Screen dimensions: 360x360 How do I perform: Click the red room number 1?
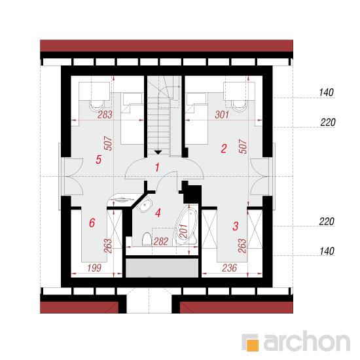tap(157, 168)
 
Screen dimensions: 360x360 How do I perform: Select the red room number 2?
tap(224, 149)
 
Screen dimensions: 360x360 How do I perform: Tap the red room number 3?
tap(236, 226)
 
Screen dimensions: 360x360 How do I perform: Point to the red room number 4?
tap(158, 213)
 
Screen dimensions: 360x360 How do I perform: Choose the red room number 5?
tap(98, 160)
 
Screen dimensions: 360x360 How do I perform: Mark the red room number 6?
tap(92, 223)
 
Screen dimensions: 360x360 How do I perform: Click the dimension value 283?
tap(105, 115)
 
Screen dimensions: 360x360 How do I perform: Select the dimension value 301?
tap(222, 115)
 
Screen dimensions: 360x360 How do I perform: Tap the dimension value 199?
tap(94, 268)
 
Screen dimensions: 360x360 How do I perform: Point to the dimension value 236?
tap(229, 268)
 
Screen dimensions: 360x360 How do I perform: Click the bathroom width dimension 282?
tap(161, 242)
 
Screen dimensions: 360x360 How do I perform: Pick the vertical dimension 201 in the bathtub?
tap(184, 231)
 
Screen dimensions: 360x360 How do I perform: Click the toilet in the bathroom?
tap(147, 240)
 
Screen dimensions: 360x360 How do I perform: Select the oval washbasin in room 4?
tap(145, 205)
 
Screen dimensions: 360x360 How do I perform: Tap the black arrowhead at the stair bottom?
tap(158, 153)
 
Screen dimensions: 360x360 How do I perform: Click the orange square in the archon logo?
tap(252, 345)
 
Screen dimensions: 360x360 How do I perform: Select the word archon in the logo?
tap(307, 341)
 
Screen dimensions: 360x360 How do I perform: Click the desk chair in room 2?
tap(239, 106)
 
